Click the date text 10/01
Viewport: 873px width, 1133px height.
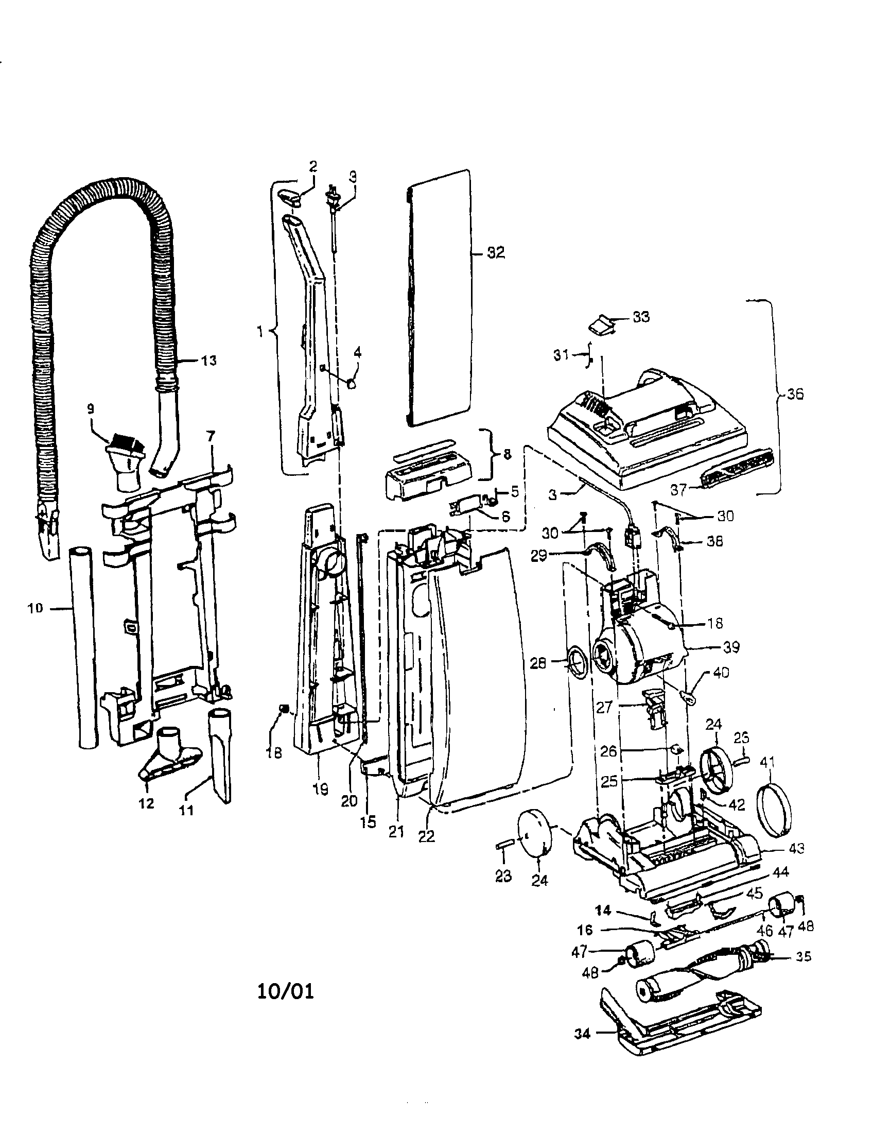[x=286, y=991]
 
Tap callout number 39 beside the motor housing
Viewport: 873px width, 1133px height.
[x=731, y=647]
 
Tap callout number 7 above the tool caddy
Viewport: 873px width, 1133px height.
[x=210, y=436]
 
